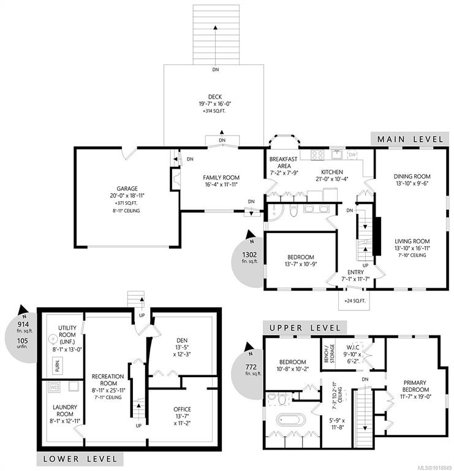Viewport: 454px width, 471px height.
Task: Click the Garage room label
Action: click(127, 189)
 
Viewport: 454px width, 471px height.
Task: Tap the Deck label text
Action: click(215, 97)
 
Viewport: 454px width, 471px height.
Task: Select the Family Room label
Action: click(221, 177)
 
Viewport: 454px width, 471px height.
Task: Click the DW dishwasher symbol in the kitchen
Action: click(352, 155)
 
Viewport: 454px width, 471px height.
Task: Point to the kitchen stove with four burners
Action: click(317, 155)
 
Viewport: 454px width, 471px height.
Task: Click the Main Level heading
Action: click(410, 139)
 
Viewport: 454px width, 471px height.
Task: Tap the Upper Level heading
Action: click(305, 327)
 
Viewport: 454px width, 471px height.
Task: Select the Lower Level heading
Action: click(80, 459)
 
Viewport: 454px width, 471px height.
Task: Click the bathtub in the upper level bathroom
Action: click(291, 420)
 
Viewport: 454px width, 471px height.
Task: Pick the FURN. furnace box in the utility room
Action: click(58, 366)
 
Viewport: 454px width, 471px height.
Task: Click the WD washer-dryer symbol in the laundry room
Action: click(54, 387)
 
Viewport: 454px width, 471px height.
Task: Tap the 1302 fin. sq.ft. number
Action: click(249, 255)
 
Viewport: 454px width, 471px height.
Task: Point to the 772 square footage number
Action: click(251, 367)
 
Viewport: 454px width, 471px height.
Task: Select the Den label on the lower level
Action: click(182, 340)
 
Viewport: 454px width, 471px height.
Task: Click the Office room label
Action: click(182, 409)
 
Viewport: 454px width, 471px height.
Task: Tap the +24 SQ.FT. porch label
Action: click(355, 301)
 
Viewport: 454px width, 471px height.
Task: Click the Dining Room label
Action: click(412, 177)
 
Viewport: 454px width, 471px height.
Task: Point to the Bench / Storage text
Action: click(330, 353)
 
